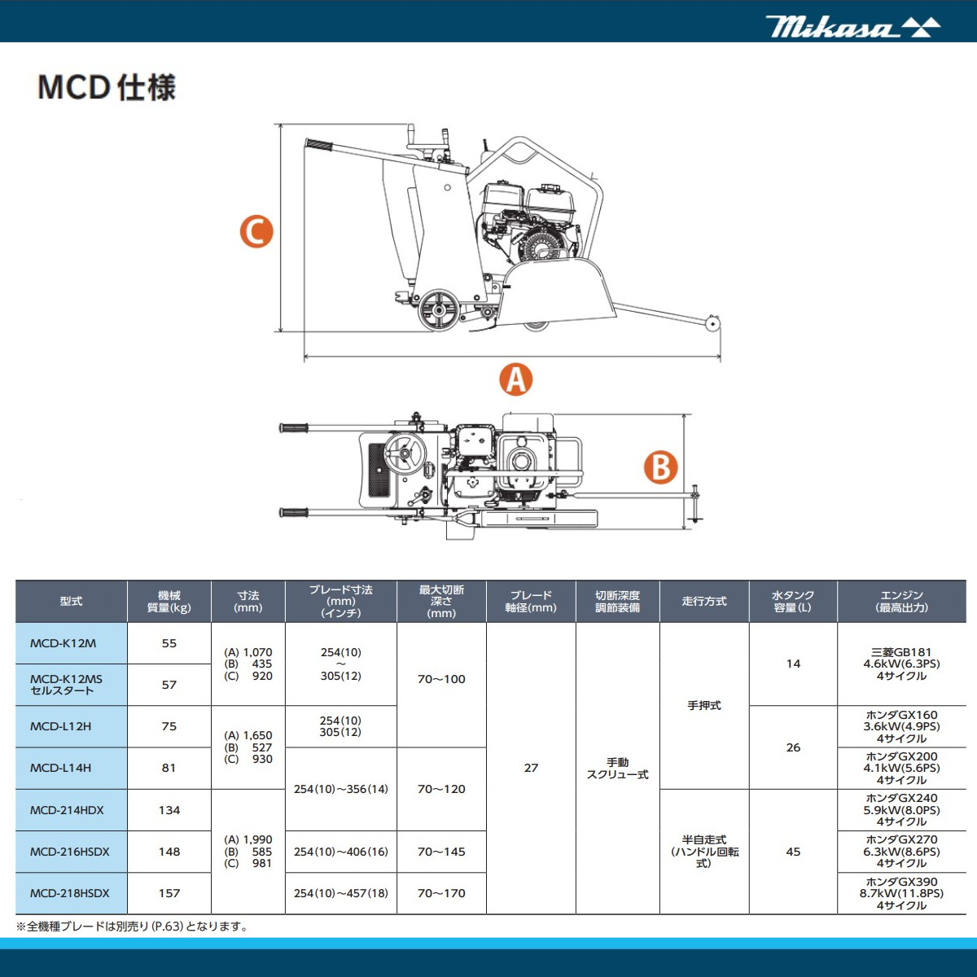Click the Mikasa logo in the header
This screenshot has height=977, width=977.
pyautogui.click(x=852, y=27)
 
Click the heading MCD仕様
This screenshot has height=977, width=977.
pyautogui.click(x=107, y=87)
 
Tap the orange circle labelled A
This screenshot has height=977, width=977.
pyautogui.click(x=515, y=379)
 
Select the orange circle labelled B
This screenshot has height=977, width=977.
pyautogui.click(x=660, y=467)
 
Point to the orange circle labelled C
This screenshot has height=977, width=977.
pyautogui.click(x=256, y=231)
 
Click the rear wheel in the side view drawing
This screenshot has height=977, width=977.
pyautogui.click(x=439, y=309)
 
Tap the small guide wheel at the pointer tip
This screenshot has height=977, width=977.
pyautogui.click(x=713, y=323)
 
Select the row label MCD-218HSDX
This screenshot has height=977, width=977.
pyautogui.click(x=71, y=893)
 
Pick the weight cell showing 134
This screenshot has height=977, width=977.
pyautogui.click(x=169, y=810)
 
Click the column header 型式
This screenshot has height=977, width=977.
pyautogui.click(x=71, y=602)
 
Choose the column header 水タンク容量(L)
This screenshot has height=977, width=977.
pyautogui.click(x=792, y=602)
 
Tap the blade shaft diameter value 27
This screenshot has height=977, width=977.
pyautogui.click(x=531, y=768)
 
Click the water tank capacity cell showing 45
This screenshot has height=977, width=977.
pyautogui.click(x=793, y=852)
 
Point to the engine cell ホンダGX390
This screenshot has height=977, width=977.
pyautogui.click(x=901, y=893)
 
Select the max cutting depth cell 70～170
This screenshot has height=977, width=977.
pyautogui.click(x=441, y=893)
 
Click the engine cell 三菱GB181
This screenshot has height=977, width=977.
pyautogui.click(x=901, y=664)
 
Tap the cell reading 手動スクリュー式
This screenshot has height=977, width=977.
pyautogui.click(x=617, y=769)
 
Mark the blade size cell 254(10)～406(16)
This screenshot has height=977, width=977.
pyautogui.click(x=340, y=852)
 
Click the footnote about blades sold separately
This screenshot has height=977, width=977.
pyautogui.click(x=132, y=927)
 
